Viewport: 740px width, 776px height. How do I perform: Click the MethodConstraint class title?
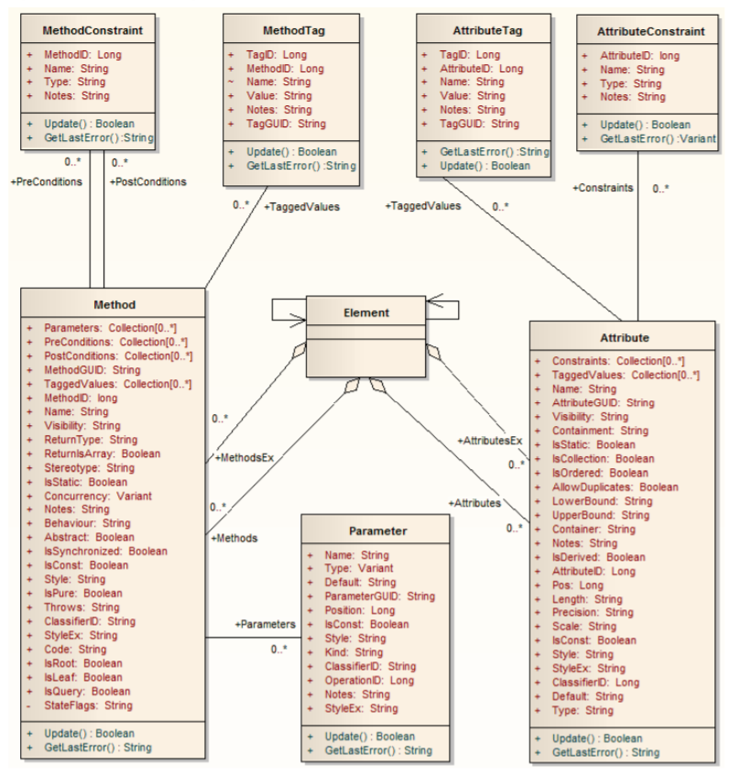[x=86, y=30]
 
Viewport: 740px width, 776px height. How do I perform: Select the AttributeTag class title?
[x=483, y=30]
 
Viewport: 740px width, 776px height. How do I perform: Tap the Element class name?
[x=366, y=312]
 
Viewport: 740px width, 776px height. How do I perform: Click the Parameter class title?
[x=377, y=530]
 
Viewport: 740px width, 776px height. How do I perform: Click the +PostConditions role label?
[x=147, y=181]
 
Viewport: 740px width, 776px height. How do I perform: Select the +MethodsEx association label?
[x=245, y=456]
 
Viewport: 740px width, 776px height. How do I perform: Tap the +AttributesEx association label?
[x=490, y=441]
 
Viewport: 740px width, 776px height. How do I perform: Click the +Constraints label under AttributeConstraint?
[x=603, y=188]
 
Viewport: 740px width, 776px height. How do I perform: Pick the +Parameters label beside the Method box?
[x=266, y=624]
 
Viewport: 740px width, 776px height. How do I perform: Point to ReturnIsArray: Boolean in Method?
[x=102, y=454]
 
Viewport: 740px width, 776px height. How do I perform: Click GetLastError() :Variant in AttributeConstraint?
[x=658, y=138]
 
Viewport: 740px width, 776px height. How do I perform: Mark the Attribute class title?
[x=626, y=337]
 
